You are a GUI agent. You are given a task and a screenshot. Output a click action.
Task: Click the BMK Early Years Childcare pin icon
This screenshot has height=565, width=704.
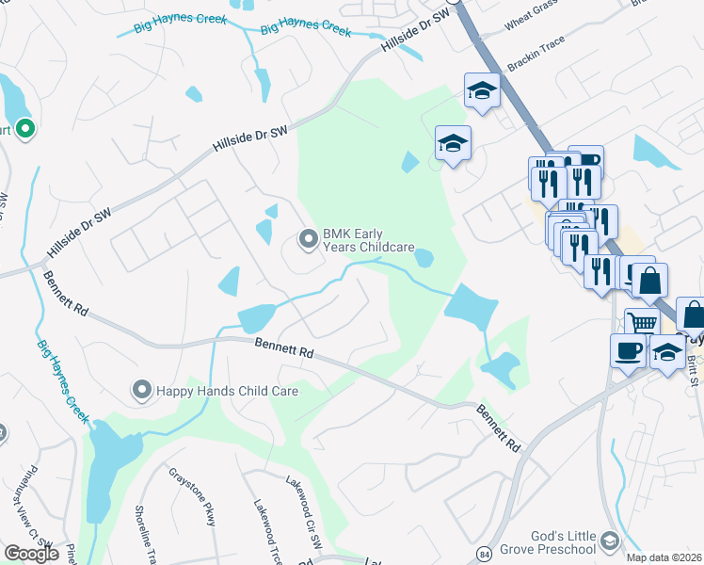(308, 240)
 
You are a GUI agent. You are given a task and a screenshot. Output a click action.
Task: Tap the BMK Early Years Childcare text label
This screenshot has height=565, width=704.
(369, 240)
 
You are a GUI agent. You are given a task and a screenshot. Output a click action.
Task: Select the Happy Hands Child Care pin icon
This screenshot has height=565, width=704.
(142, 389)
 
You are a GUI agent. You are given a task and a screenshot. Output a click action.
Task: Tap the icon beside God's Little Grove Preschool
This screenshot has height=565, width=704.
(610, 540)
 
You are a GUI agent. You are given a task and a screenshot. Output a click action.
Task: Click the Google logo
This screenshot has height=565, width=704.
(31, 554)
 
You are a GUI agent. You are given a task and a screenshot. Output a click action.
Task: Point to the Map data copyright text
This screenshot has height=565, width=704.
(664, 557)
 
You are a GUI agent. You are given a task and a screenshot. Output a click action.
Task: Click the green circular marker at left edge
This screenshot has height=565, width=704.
(24, 129)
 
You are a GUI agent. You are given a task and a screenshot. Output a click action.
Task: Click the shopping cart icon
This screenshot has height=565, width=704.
(643, 323)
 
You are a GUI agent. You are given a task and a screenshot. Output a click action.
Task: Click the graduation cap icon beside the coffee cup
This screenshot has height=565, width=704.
(668, 352)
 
